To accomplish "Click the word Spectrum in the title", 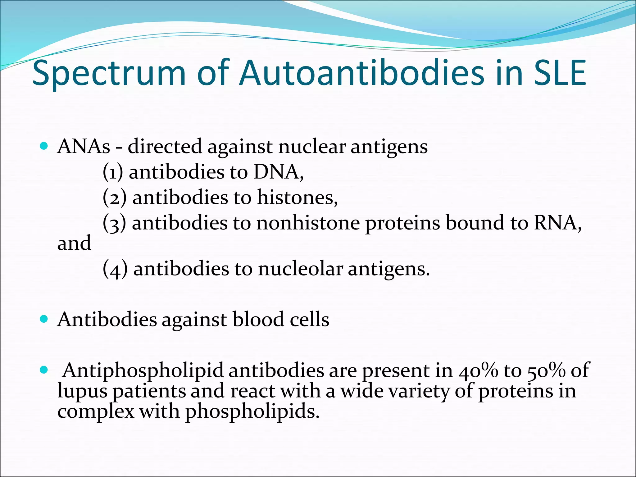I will [x=109, y=74].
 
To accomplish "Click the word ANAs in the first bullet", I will [x=84, y=146].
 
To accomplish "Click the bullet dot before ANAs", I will [x=44, y=146].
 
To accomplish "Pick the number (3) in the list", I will [x=114, y=223].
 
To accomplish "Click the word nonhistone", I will [x=308, y=223].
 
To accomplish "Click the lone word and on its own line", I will [x=74, y=243].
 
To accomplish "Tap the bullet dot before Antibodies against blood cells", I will [x=44, y=319].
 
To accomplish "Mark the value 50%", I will [x=546, y=370].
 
